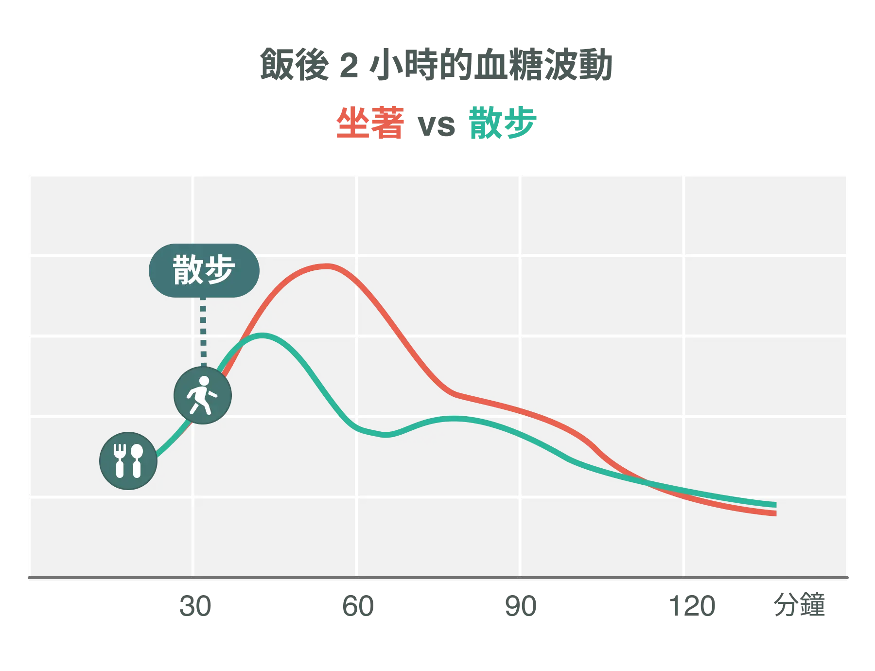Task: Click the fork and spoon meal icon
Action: (x=128, y=460)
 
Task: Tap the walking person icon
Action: (x=203, y=395)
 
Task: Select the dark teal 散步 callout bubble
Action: (x=204, y=270)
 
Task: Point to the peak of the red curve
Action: (x=327, y=266)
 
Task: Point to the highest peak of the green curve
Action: (x=262, y=335)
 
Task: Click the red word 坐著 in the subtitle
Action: (x=369, y=123)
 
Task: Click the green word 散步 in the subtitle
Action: (x=502, y=123)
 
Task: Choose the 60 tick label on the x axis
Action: (x=358, y=606)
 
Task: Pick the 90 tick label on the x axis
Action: (x=521, y=606)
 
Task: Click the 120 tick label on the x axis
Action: (x=692, y=606)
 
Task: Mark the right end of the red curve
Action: (x=775, y=513)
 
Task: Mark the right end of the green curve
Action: (x=775, y=505)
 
